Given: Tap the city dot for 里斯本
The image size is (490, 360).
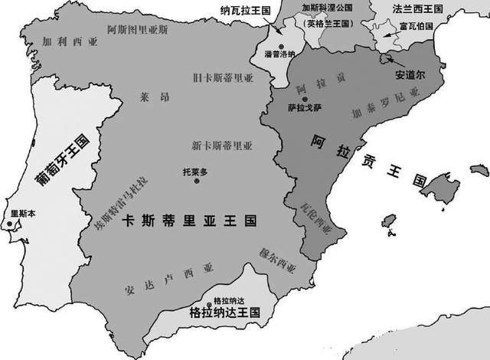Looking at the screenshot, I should [x=10, y=224].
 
